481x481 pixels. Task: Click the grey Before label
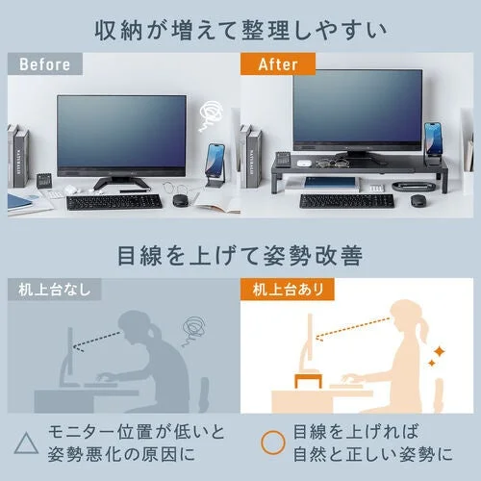point(44,65)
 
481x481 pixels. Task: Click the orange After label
point(277,65)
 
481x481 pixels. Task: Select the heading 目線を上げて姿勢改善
point(240,256)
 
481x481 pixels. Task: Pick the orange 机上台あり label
point(289,289)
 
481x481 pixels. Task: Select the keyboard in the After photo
point(346,200)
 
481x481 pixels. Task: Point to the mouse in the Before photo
point(180,200)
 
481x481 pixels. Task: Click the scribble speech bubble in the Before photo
point(208,117)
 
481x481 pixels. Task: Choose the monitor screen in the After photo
point(357,108)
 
